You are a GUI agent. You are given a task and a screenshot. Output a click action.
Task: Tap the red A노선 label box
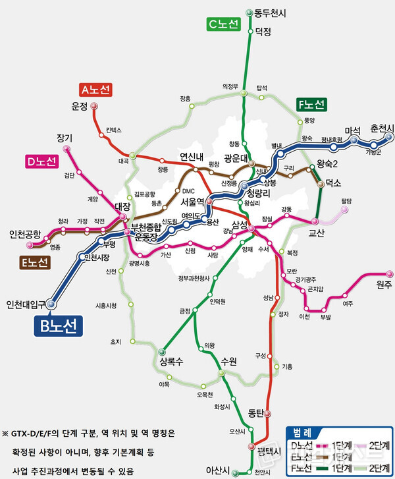click(96, 89)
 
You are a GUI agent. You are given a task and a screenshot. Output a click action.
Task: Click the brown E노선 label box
click(34, 263)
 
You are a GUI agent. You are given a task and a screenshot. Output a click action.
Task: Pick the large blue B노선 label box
click(58, 325)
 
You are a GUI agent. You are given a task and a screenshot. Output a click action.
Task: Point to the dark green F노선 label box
click(311, 105)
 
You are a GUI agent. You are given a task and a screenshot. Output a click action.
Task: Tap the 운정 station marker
click(94, 105)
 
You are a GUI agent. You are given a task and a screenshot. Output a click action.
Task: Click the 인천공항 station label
click(25, 234)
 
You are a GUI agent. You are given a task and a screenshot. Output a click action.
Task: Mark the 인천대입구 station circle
click(53, 304)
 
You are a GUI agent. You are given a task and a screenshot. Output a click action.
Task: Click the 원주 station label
click(384, 284)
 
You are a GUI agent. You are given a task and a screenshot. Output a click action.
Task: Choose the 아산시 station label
click(218, 470)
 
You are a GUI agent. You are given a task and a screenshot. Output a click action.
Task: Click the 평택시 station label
click(269, 451)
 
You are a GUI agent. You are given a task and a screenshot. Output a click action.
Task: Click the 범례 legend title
click(304, 432)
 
